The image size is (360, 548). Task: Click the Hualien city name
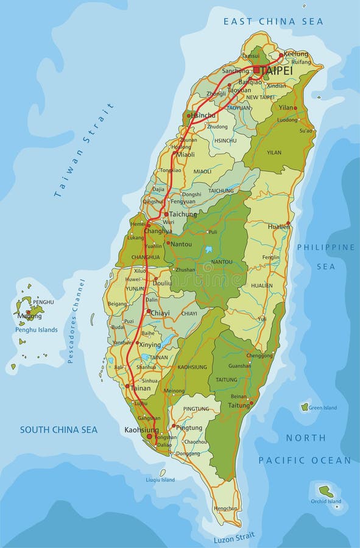[x=278, y=225]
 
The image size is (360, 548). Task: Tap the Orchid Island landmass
[x=326, y=490]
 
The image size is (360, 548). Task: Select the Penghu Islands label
[x=37, y=330]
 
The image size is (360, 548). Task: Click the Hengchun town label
[x=225, y=508]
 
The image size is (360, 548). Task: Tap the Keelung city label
[x=297, y=54]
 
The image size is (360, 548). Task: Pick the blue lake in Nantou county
[x=209, y=250]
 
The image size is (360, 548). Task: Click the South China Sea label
[x=58, y=430]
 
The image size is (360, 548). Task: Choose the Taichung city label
[x=183, y=214]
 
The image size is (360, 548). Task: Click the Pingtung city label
[x=188, y=427]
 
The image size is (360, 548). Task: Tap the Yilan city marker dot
[x=295, y=108]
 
